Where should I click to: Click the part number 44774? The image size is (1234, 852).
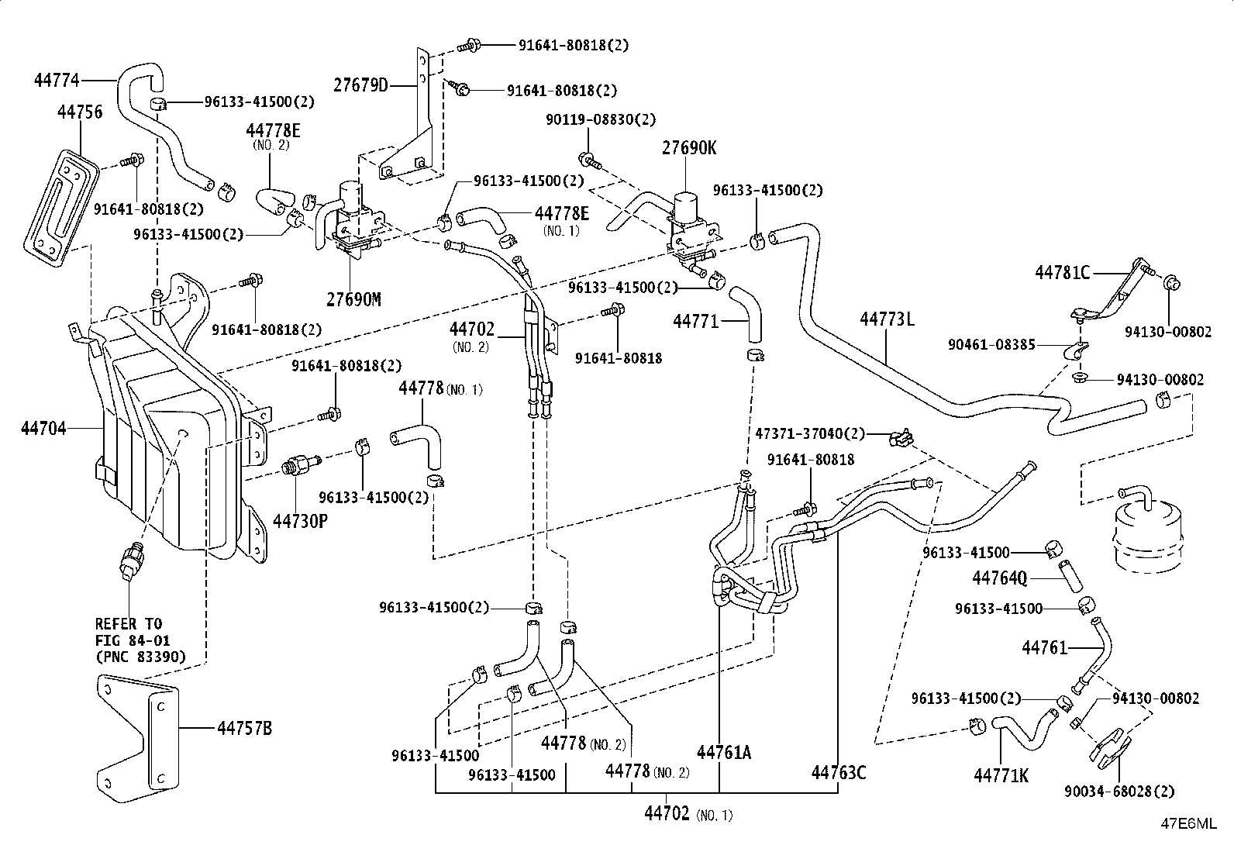pyautogui.click(x=57, y=81)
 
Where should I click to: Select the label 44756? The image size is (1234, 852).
pyautogui.click(x=80, y=112)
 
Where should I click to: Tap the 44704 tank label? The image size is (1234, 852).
pyautogui.click(x=43, y=428)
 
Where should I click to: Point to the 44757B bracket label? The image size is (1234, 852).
pyautogui.click(x=245, y=728)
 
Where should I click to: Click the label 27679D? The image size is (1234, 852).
pyautogui.click(x=361, y=85)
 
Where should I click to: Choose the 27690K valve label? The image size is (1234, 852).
pyautogui.click(x=689, y=148)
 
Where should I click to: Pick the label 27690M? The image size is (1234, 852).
pyautogui.click(x=353, y=299)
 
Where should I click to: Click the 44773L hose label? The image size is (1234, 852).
pyautogui.click(x=887, y=319)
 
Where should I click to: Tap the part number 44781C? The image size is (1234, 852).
pyautogui.click(x=1062, y=272)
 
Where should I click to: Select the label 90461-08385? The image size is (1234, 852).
pyautogui.click(x=991, y=344)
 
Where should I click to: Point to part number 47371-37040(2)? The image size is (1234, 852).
pyautogui.click(x=810, y=433)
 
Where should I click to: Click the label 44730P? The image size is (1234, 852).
pyautogui.click(x=300, y=521)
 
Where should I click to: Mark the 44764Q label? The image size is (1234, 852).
pyautogui.click(x=1000, y=578)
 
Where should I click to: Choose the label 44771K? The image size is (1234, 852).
pyautogui.click(x=1001, y=775)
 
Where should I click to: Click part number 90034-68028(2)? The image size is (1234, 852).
pyautogui.click(x=1119, y=792)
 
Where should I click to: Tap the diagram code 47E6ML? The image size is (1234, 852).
pyautogui.click(x=1188, y=823)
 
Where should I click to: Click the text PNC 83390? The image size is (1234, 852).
pyautogui.click(x=141, y=657)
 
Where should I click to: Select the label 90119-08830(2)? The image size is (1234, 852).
pyautogui.click(x=601, y=119)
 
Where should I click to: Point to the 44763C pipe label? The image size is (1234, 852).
pyautogui.click(x=839, y=773)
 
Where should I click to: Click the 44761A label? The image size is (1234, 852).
pyautogui.click(x=724, y=752)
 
